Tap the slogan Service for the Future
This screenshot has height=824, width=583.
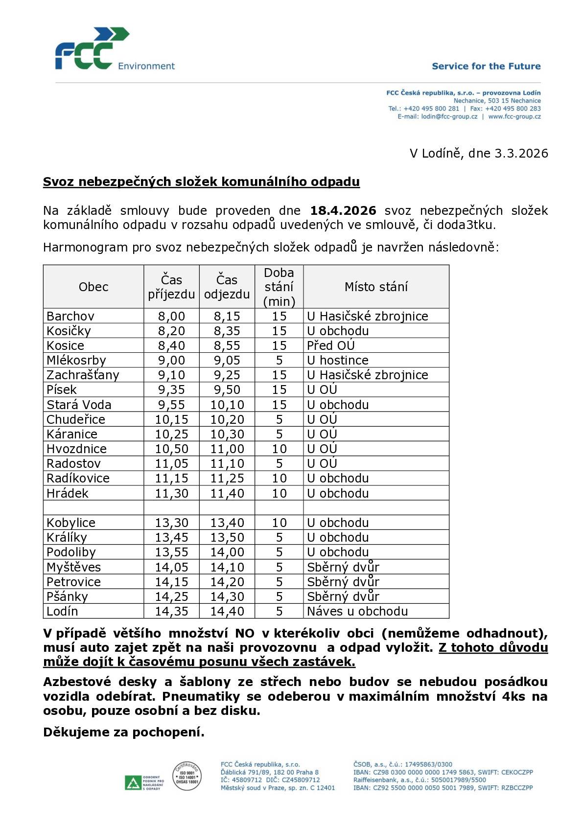[x=486, y=66]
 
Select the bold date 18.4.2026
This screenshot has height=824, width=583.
[x=343, y=211]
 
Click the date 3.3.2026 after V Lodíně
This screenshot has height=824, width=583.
[x=521, y=153]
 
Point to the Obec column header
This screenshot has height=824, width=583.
[x=93, y=287]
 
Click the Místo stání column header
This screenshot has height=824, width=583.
[x=376, y=287]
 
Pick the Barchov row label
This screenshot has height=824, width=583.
[x=70, y=316]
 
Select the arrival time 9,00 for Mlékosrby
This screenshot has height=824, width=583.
[x=171, y=361]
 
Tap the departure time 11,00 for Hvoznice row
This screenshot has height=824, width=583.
[x=227, y=449]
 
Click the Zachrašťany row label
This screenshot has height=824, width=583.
[x=83, y=375]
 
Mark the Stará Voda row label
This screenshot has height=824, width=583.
[x=79, y=405]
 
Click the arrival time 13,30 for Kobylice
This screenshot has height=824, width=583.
[x=171, y=523]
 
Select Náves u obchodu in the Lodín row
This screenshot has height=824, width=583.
[x=357, y=611]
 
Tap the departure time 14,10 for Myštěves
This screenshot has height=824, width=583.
[x=227, y=567]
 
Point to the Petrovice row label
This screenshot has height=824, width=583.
[x=73, y=582]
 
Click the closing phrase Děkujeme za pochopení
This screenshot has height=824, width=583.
[x=124, y=732]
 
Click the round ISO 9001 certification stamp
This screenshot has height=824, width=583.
[x=187, y=776]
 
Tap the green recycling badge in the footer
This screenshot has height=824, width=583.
[x=132, y=782]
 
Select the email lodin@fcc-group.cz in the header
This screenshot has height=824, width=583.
[x=449, y=116]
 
